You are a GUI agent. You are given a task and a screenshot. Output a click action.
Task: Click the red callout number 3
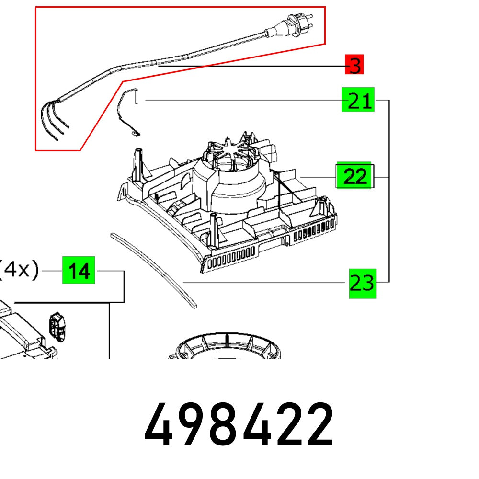pyautogui.click(x=354, y=65)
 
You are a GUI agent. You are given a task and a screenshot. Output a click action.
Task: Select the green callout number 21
pyautogui.click(x=358, y=100)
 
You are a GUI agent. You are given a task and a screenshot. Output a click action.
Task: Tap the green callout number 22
pyautogui.click(x=354, y=176)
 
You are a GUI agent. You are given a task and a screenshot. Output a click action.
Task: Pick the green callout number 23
pyautogui.click(x=363, y=284)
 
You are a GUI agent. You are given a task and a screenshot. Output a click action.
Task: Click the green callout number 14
pyautogui.click(x=79, y=271)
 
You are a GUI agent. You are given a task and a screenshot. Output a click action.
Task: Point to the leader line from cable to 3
pyautogui.click(x=249, y=66)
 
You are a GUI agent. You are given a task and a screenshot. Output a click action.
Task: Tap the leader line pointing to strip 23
pyautogui.click(x=263, y=283)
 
